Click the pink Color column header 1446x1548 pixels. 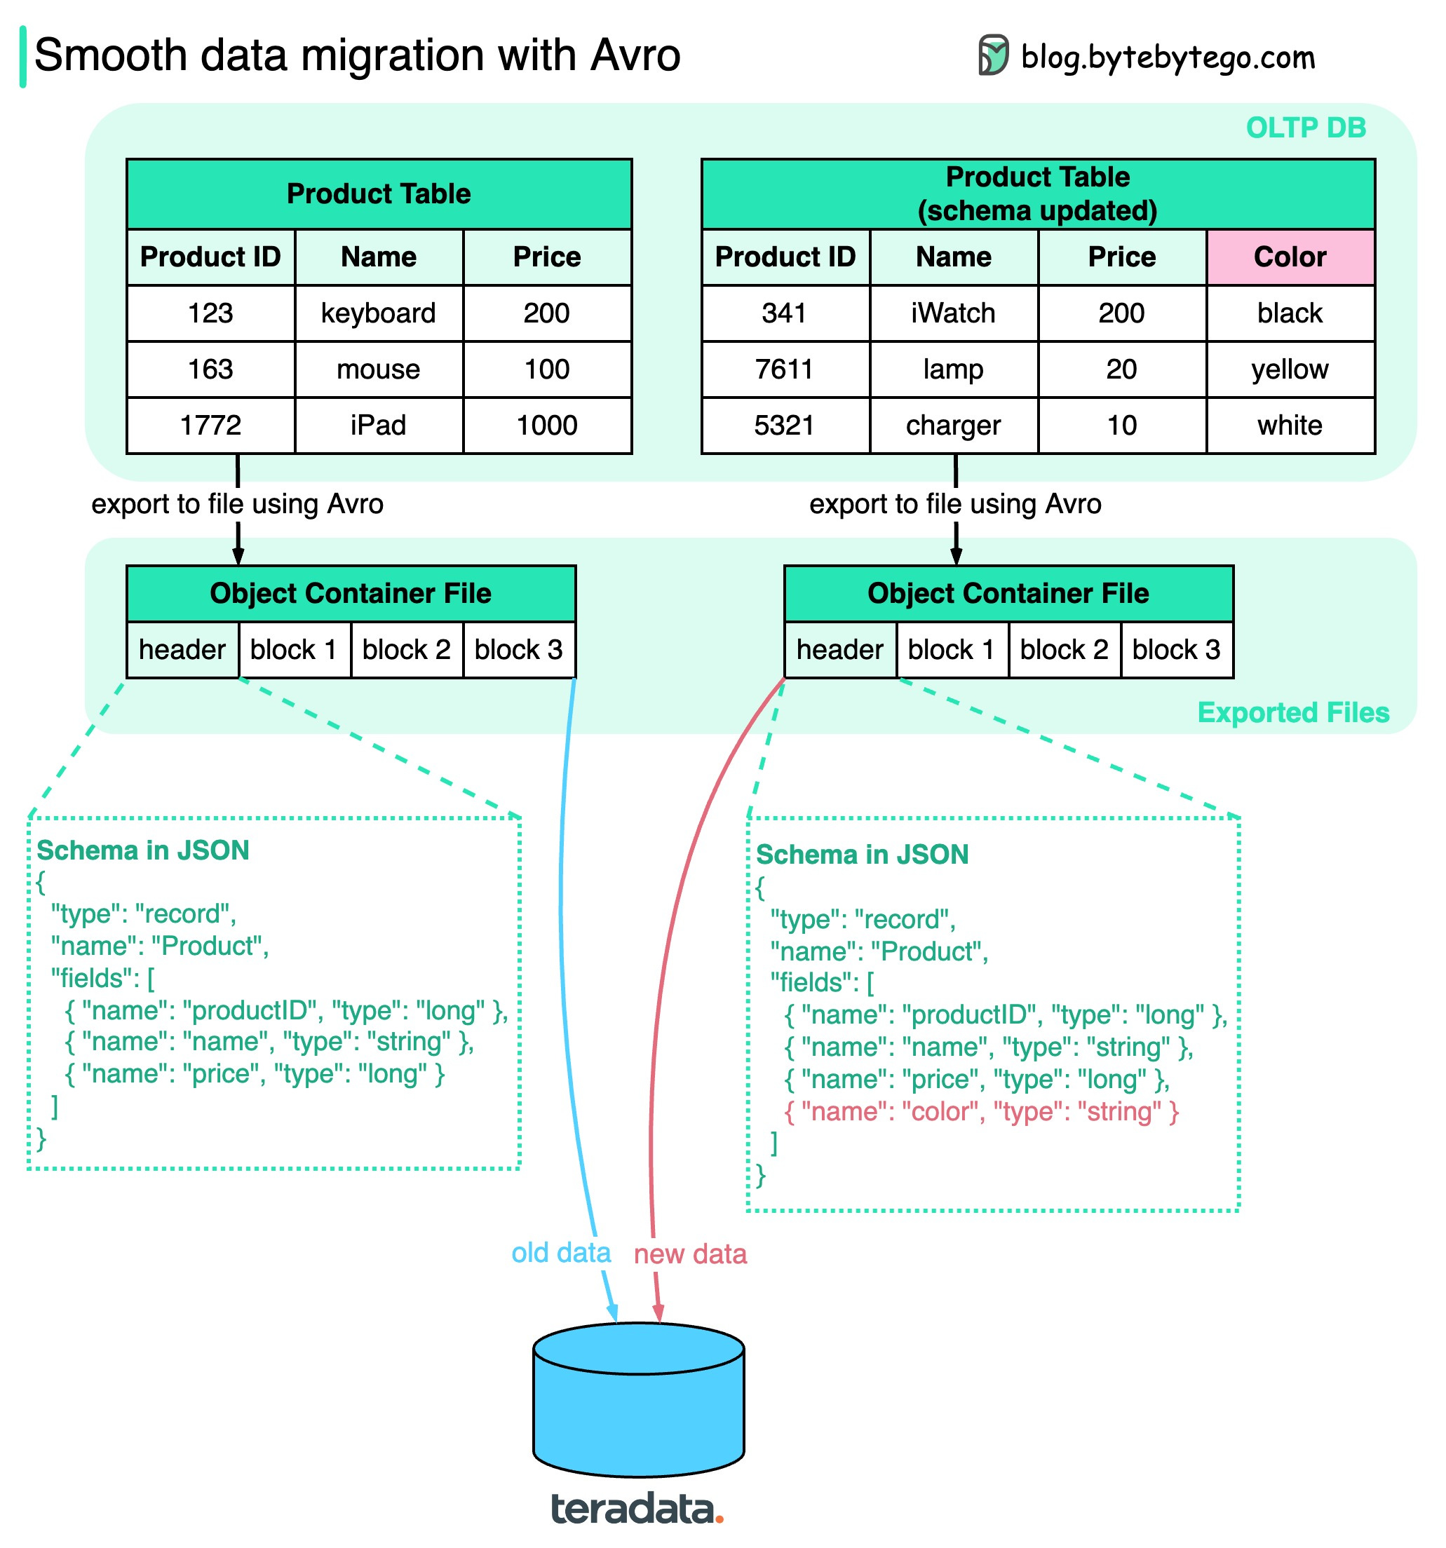coord(1290,257)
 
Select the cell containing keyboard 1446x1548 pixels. coord(379,313)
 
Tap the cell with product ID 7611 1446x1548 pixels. coord(784,369)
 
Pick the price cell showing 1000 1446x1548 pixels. coord(546,425)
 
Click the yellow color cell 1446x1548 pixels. coord(1290,369)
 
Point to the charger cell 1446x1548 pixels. coord(953,425)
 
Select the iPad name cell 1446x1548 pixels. coord(379,425)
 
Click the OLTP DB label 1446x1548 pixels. coord(1305,128)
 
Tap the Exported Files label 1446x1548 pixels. coord(1292,712)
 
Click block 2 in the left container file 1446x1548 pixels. coord(407,649)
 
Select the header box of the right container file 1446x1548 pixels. coord(839,649)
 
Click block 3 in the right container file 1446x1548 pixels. coord(1176,649)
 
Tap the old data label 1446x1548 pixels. coord(560,1253)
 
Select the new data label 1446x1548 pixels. coord(690,1254)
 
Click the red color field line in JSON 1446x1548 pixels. coord(981,1111)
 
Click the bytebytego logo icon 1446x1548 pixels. coord(993,55)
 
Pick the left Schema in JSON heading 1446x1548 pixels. coord(143,850)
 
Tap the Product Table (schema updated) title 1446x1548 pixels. coord(1037,194)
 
